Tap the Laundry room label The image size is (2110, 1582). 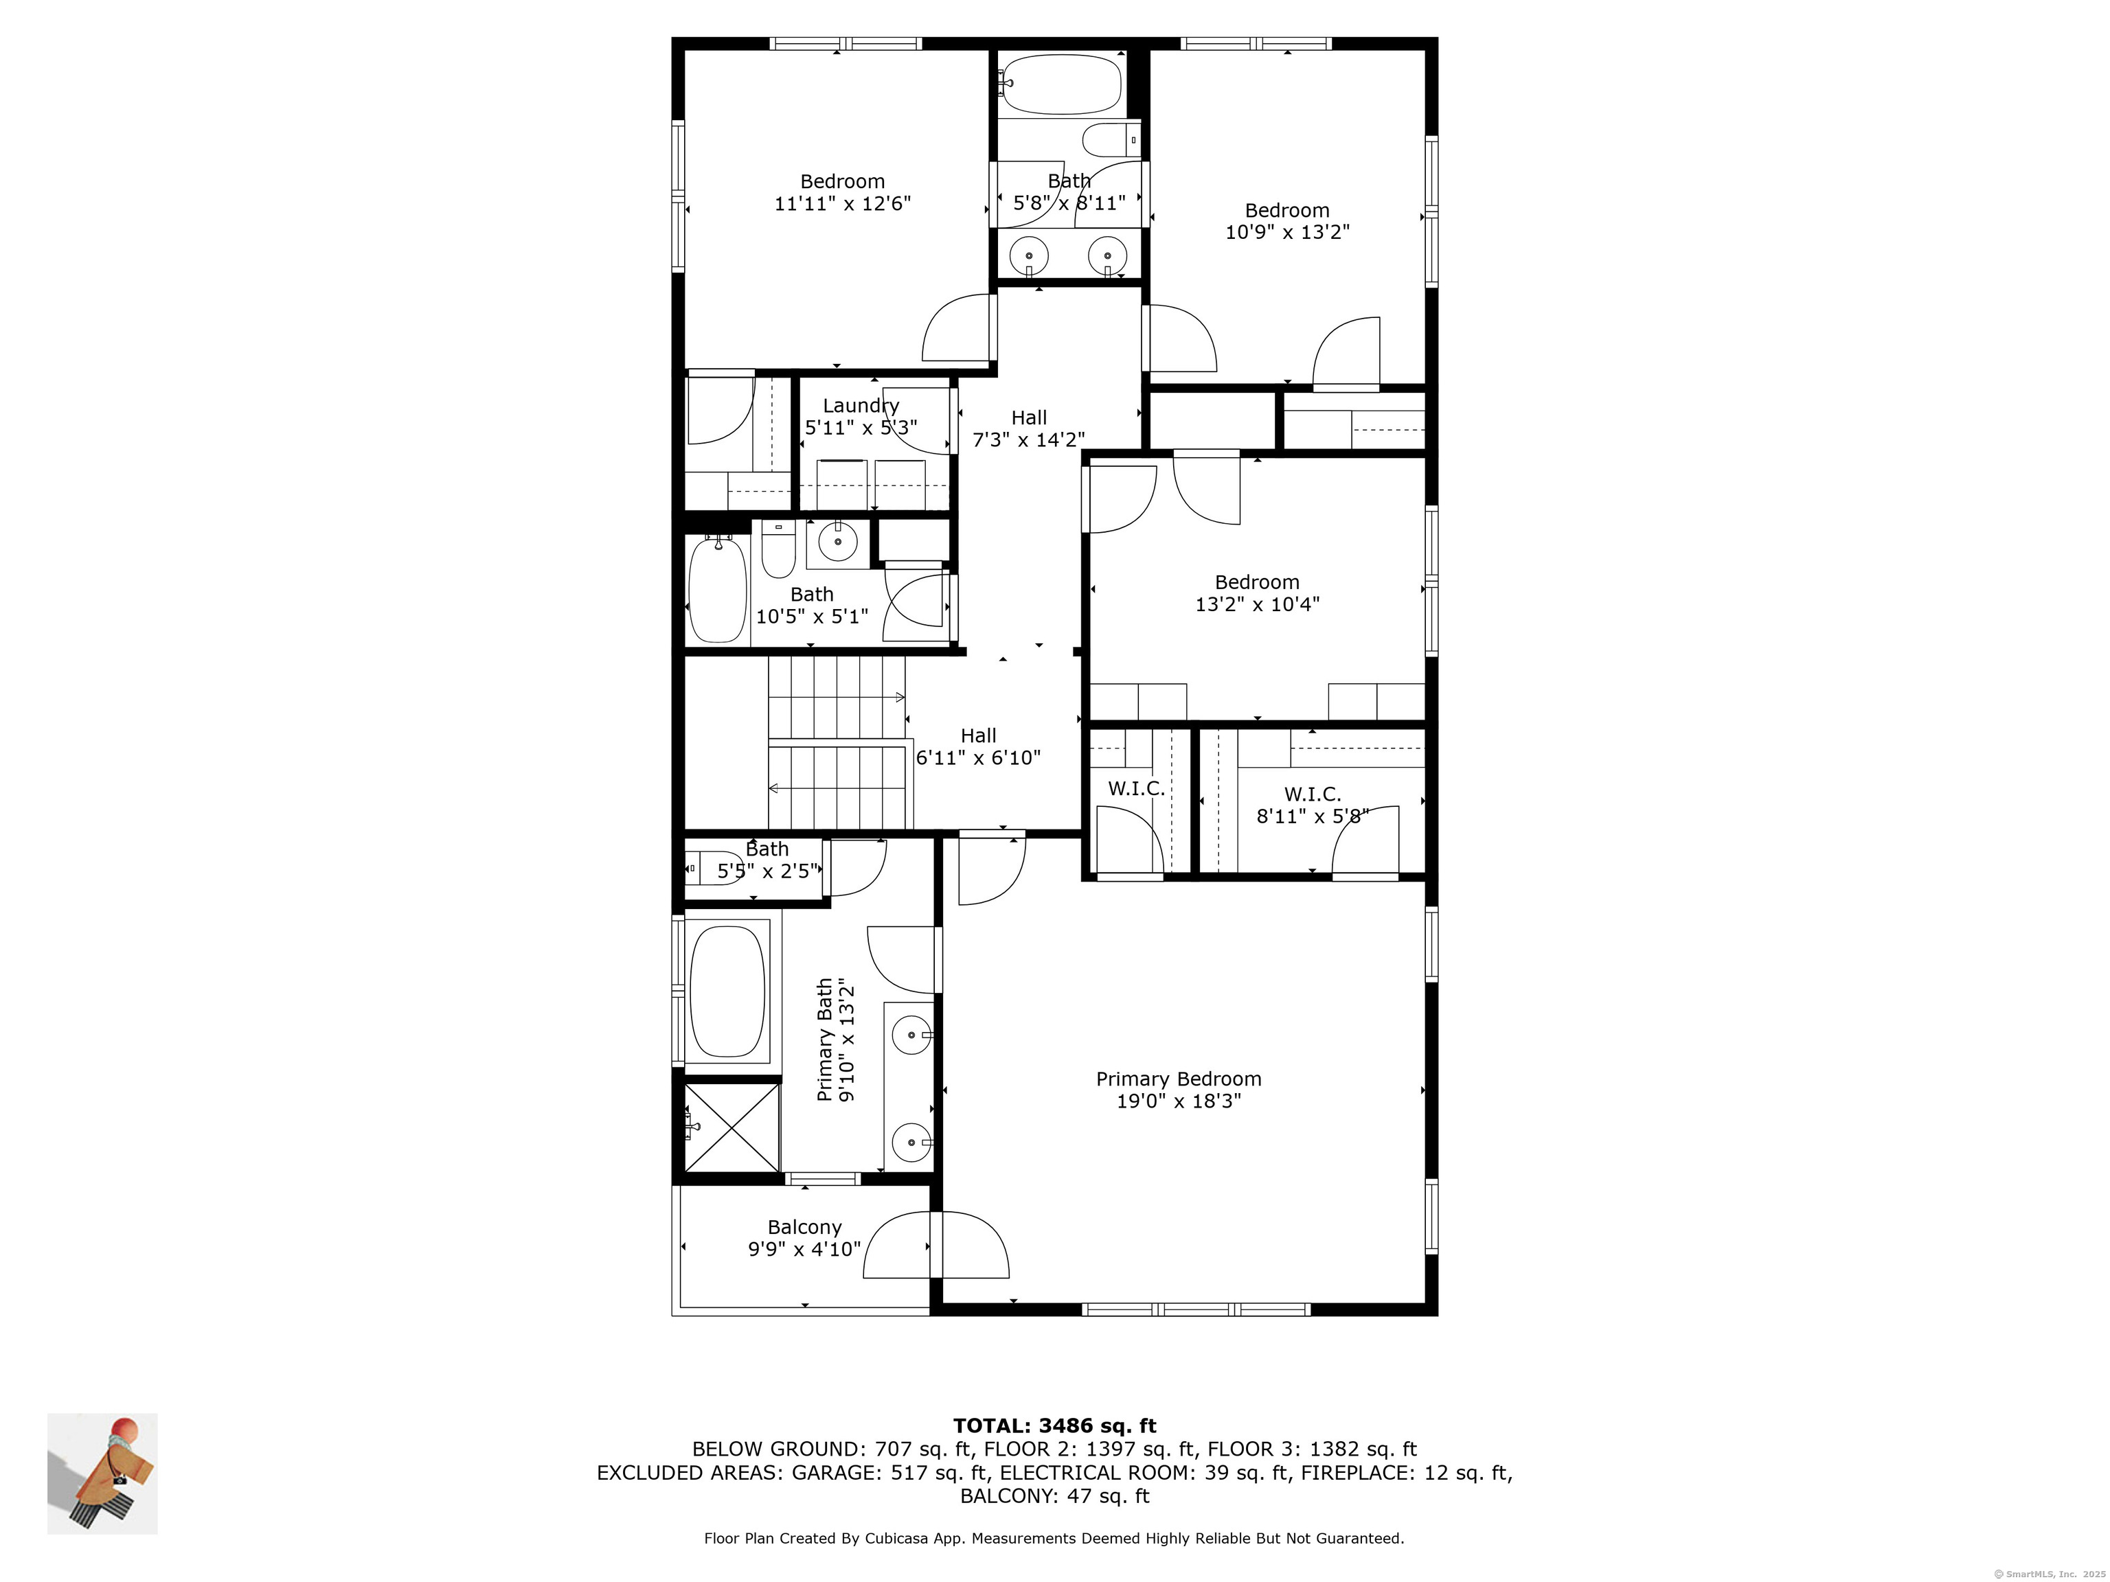[861, 405]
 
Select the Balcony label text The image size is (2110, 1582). [804, 1227]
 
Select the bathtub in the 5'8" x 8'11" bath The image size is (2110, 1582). [1062, 84]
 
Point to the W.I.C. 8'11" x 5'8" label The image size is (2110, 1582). [1313, 805]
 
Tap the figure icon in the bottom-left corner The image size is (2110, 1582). [103, 1474]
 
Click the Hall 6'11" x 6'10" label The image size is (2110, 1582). [978, 746]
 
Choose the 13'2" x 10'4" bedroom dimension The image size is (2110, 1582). [1257, 604]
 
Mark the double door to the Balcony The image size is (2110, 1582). [935, 1244]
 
